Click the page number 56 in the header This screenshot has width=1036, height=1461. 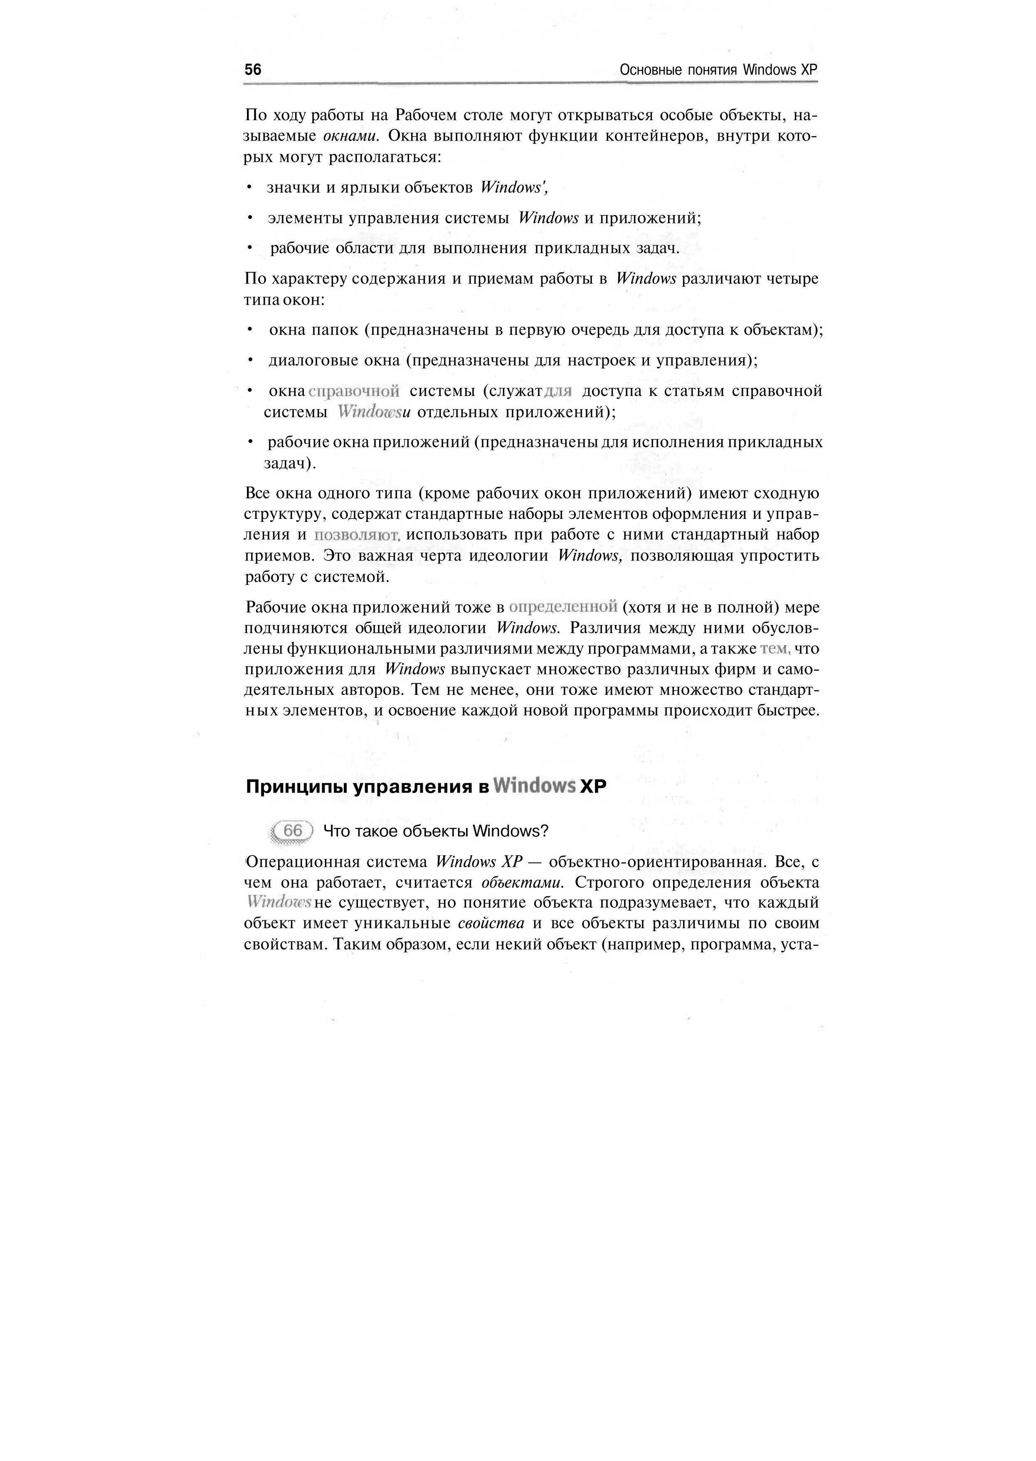pos(253,69)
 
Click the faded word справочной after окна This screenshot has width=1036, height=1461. pos(354,391)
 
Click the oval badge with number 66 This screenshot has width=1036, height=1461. pos(292,831)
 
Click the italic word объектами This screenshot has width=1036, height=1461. pos(522,883)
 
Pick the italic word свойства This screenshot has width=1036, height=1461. pos(491,923)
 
